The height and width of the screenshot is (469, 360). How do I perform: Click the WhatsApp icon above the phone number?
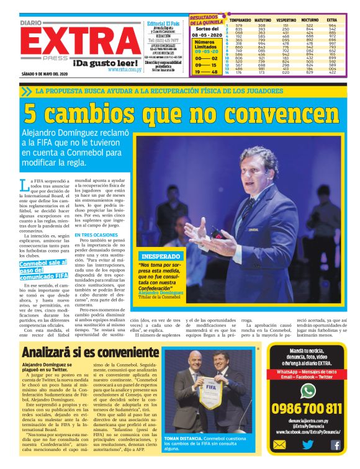pos(307,390)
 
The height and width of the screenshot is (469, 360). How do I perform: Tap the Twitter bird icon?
pos(307,444)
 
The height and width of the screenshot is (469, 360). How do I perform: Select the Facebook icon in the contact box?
pos(335,444)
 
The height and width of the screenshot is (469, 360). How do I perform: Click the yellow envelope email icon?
pos(281,444)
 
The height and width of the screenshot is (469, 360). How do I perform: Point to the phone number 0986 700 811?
pos(307,408)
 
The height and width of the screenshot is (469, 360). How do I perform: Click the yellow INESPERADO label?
pos(161,256)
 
